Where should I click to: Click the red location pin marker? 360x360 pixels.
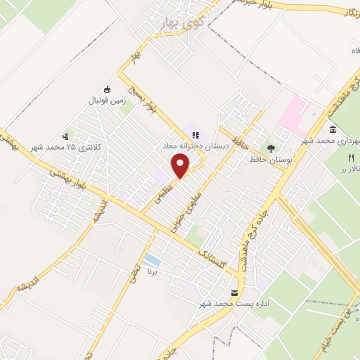181,166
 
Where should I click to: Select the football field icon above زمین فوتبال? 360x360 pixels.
108,89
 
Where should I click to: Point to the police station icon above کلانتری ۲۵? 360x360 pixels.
66,136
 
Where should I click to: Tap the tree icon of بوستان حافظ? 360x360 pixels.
269,148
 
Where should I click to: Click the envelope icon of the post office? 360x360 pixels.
234,292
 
